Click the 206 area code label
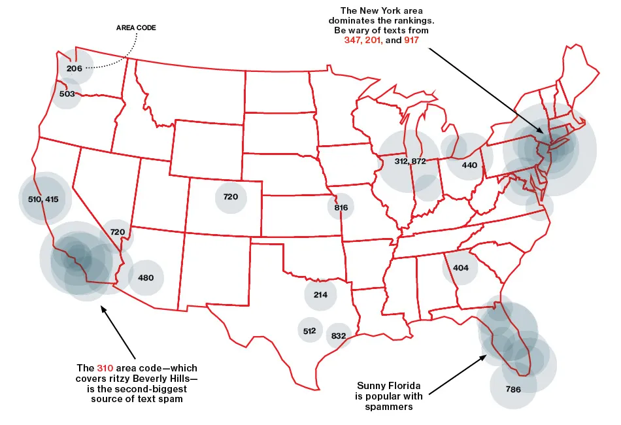pos(74,67)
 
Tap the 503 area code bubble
pos(67,93)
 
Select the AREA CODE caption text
pos(136,28)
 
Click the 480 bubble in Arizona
pos(146,278)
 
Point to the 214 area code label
pos(320,295)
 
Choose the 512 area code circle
pos(310,331)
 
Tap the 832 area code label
pos(339,336)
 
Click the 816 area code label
pos(341,208)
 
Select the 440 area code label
pos(469,165)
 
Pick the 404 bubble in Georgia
pos(460,268)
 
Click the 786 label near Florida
pos(514,390)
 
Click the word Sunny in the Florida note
pos(371,385)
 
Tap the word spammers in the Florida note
pos(390,407)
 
